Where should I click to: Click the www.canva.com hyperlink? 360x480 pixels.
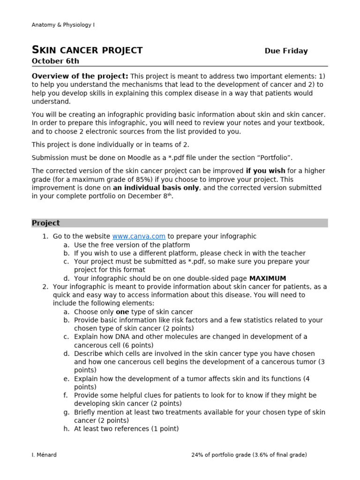tap(139, 236)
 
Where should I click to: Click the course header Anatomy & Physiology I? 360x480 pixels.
tap(63, 25)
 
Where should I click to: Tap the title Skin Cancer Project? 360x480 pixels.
tap(87, 51)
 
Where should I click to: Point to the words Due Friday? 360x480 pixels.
tap(286, 51)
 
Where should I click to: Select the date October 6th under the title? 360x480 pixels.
tap(55, 61)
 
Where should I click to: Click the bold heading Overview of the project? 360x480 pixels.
tap(80, 76)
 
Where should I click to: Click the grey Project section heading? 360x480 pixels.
tap(46, 223)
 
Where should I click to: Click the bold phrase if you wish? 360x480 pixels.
tap(266, 171)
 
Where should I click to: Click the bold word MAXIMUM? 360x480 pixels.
tap(267, 278)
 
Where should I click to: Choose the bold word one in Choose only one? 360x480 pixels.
tap(122, 312)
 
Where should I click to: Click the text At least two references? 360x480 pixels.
tap(110, 429)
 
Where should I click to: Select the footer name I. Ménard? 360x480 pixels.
tap(44, 455)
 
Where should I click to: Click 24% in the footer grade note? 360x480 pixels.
tap(199, 455)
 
